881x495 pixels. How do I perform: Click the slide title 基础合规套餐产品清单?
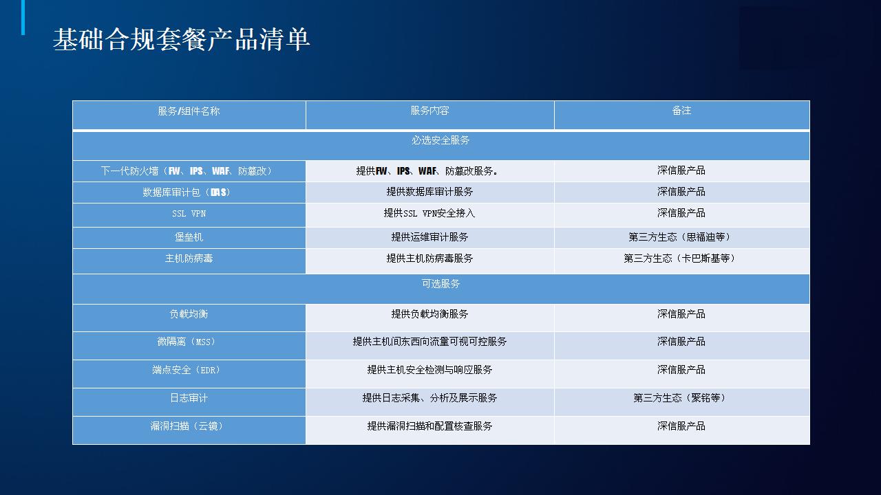(181, 40)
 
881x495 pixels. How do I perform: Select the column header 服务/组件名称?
(189, 111)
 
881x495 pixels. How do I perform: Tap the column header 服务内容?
(429, 111)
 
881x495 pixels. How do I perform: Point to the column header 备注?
(681, 111)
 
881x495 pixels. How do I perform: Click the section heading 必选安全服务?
(440, 140)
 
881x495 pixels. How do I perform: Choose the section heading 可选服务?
(440, 284)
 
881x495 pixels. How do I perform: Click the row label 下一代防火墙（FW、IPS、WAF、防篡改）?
(187, 171)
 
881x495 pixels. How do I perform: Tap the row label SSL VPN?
(189, 214)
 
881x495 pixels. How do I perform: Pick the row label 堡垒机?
(189, 237)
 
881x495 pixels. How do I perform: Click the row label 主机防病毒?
(189, 258)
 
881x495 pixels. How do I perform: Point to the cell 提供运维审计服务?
(429, 237)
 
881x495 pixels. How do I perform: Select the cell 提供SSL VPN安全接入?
(429, 213)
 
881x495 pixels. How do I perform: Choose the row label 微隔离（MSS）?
(187, 342)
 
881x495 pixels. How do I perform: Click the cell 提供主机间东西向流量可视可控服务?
(429, 342)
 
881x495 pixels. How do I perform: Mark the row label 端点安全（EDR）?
(187, 370)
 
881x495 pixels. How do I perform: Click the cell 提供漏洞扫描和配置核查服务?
(429, 426)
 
